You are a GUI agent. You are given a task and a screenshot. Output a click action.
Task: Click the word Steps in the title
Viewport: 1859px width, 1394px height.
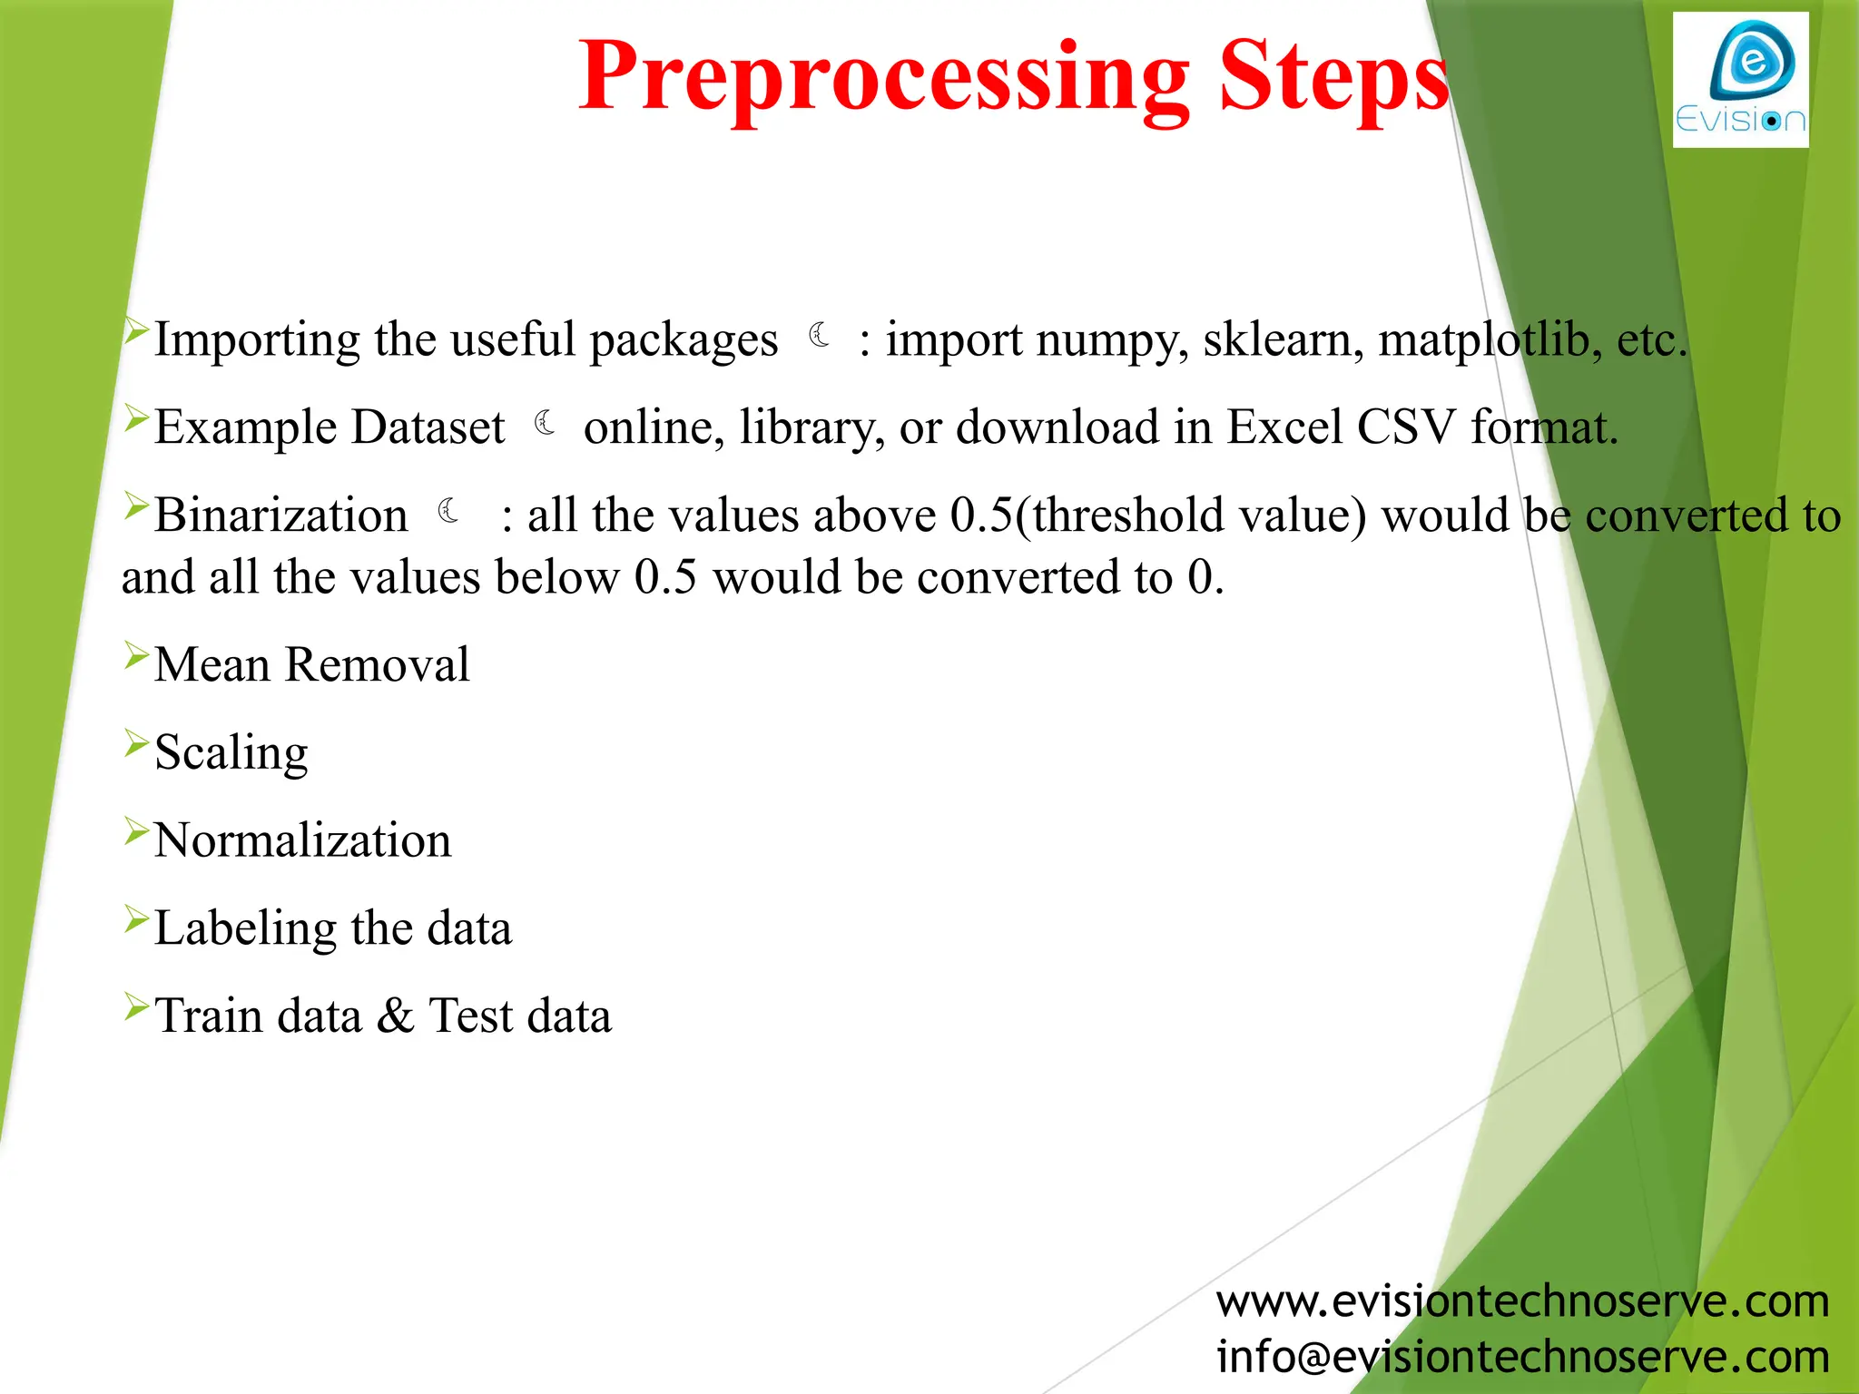click(x=1333, y=80)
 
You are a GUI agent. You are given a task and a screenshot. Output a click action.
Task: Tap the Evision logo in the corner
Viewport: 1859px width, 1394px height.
click(x=1740, y=80)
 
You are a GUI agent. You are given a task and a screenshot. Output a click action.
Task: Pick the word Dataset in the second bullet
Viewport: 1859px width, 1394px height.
click(x=428, y=427)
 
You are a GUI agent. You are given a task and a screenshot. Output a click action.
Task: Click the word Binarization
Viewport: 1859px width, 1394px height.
click(x=281, y=515)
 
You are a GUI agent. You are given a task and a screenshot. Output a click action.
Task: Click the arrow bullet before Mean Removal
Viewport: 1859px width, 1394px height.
click(x=136, y=654)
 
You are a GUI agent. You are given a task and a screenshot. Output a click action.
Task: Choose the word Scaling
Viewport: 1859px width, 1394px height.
click(x=231, y=753)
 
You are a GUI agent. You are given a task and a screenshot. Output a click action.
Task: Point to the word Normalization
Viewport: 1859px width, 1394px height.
click(x=303, y=840)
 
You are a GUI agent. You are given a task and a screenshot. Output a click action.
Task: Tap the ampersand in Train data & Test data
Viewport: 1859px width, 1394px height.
click(x=395, y=1016)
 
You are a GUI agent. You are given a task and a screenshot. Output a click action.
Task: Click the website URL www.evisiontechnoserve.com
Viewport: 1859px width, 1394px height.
click(x=1522, y=1302)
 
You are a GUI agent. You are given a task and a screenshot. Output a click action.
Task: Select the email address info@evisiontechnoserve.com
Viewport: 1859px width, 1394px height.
click(x=1522, y=1358)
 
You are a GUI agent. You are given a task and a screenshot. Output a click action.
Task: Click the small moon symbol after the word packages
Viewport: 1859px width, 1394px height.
click(x=820, y=336)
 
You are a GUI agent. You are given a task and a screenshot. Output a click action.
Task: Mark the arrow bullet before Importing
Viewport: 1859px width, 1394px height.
click(x=136, y=330)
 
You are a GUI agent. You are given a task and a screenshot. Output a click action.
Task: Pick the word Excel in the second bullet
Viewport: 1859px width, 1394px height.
click(x=1284, y=427)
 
